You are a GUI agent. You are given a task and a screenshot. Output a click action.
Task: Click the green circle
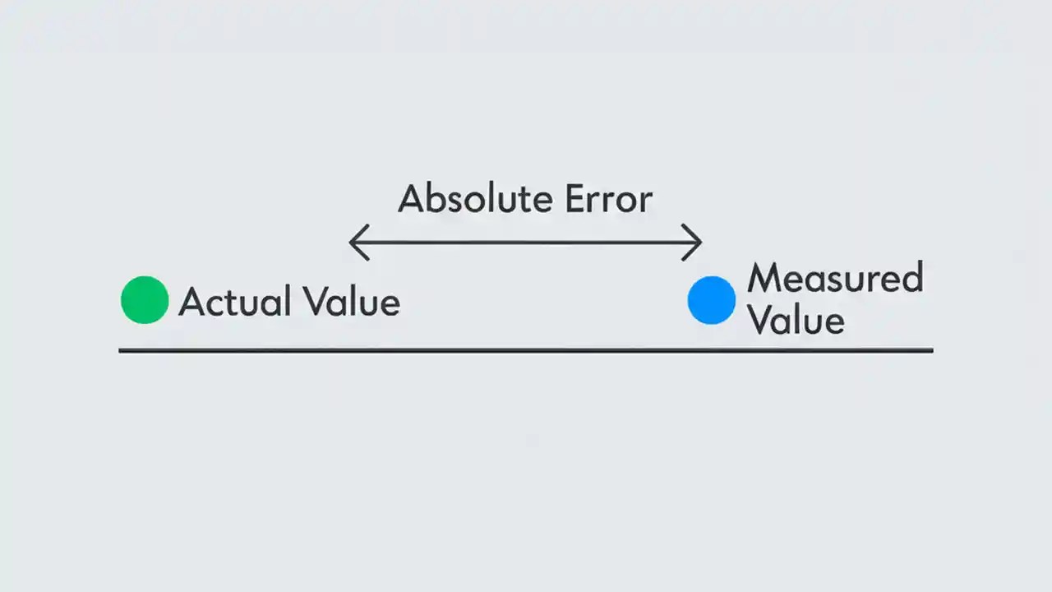click(145, 299)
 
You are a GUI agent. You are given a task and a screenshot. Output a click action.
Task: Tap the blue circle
click(711, 299)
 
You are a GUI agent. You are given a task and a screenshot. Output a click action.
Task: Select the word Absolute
click(465, 199)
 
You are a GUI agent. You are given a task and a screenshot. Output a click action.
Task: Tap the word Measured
click(835, 279)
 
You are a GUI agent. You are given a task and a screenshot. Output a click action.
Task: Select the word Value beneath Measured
click(796, 320)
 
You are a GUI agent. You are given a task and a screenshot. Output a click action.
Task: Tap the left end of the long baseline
click(122, 350)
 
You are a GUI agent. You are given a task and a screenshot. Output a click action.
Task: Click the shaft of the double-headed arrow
click(526, 243)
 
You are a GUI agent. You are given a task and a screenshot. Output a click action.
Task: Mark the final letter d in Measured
click(912, 279)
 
